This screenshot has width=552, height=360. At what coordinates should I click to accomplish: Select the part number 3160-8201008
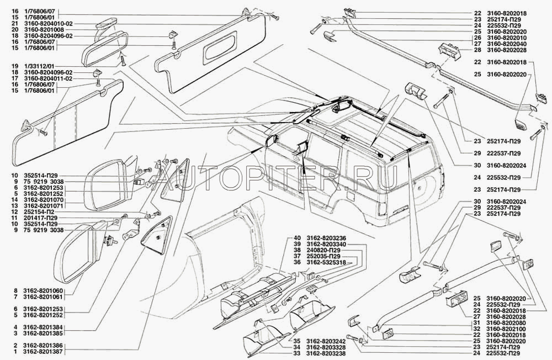[49, 30]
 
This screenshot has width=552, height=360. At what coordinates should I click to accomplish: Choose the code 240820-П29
[323, 249]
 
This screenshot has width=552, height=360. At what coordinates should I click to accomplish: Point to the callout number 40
[297, 237]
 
